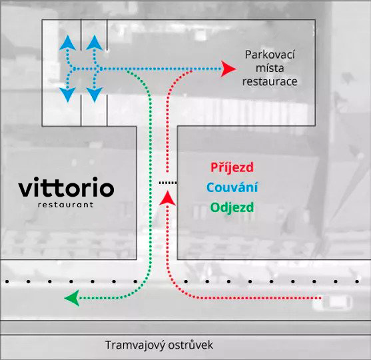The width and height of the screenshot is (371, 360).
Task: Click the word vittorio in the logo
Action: coord(66,187)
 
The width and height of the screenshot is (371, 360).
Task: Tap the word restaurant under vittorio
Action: coord(66,205)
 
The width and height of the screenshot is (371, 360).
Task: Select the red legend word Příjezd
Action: coord(232,168)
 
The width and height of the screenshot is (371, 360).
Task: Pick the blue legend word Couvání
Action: coord(232,187)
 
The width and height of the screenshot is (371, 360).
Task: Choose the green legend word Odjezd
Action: coord(232,207)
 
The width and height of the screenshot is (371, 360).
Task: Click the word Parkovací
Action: coord(270,55)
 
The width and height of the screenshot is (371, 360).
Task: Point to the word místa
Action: coord(270,68)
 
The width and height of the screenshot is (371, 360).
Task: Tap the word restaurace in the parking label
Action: coord(270,82)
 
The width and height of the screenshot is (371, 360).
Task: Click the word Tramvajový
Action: coord(135,345)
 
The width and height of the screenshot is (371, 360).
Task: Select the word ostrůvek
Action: coord(190,345)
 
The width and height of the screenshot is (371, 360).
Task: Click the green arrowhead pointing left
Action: coord(72,298)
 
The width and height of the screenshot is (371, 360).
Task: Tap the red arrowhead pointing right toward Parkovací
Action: coord(228,69)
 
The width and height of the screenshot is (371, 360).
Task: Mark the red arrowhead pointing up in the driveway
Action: coord(168,198)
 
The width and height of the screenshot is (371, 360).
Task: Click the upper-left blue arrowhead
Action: coord(68,43)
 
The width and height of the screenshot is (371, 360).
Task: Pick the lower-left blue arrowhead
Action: coord(68,95)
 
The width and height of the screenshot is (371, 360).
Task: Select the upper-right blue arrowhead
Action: coord(95,43)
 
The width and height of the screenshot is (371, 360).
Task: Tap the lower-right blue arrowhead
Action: coord(95,95)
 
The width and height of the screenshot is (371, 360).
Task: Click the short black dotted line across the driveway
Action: coord(168,183)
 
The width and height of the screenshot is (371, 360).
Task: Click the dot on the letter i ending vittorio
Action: coord(95,179)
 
